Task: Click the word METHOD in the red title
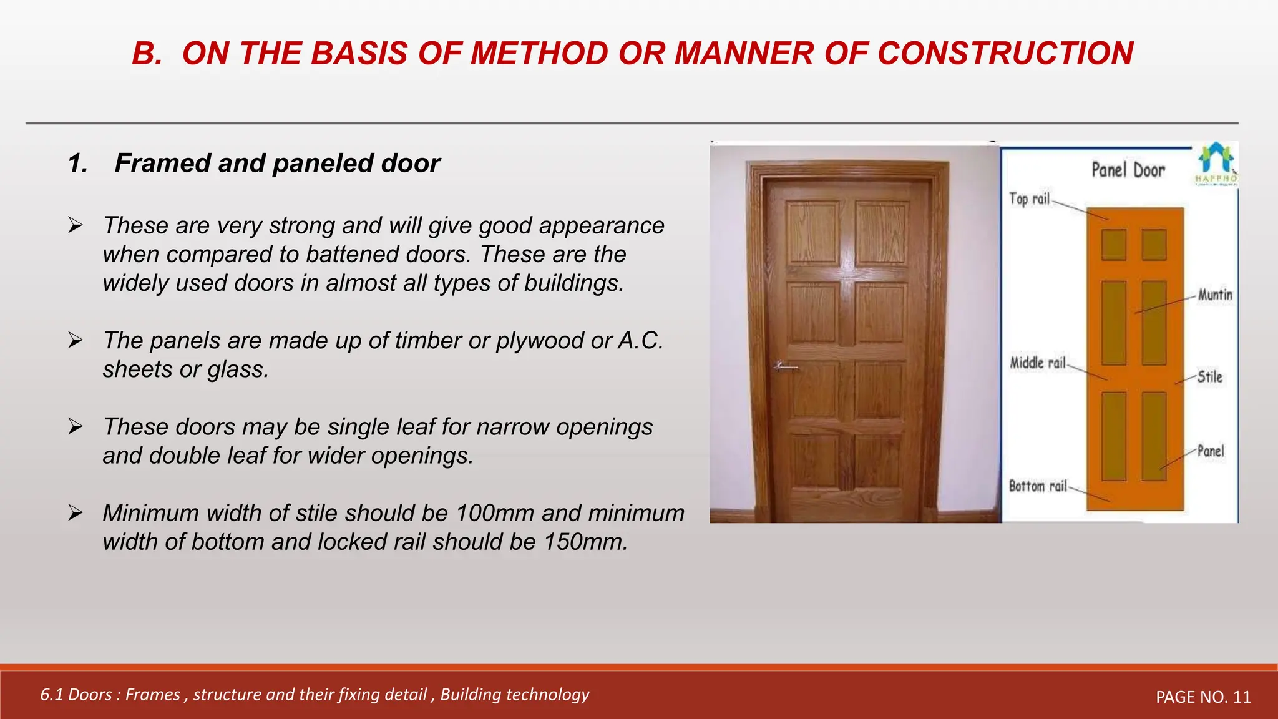point(539,54)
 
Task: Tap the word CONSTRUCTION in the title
point(1005,54)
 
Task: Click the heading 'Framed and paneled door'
point(277,164)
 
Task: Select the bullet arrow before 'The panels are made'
point(76,340)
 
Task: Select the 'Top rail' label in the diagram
point(1030,199)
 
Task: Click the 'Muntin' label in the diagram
point(1214,295)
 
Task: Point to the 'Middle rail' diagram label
point(1038,363)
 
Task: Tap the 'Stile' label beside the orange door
point(1210,377)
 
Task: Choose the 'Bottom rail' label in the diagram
point(1038,486)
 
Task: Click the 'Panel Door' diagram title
point(1128,170)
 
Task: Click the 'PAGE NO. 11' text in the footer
point(1203,697)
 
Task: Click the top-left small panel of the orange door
point(1113,245)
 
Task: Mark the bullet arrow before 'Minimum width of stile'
point(76,513)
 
